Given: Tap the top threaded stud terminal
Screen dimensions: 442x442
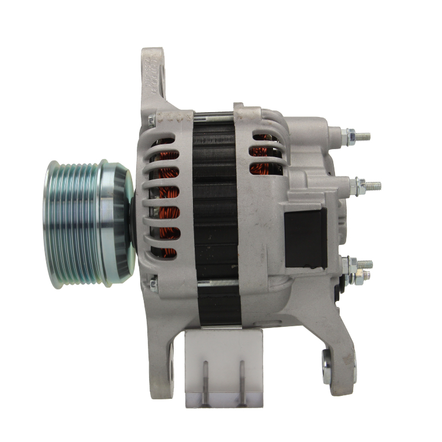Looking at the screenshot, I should tap(362, 137).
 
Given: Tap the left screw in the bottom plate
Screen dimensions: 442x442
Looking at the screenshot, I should tap(205, 380).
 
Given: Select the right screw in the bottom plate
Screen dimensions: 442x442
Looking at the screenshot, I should tap(240, 380).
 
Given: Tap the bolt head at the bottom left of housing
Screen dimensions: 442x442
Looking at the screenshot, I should tap(153, 285).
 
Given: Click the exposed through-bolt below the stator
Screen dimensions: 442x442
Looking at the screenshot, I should tap(216, 284).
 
